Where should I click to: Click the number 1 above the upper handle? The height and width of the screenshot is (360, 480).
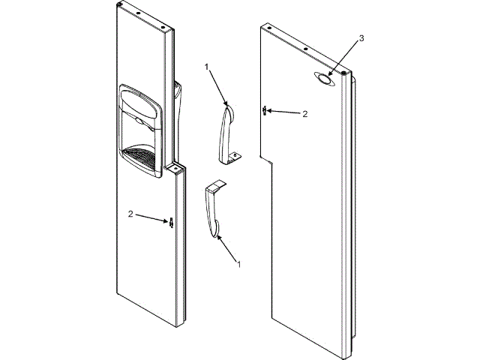point(207,67)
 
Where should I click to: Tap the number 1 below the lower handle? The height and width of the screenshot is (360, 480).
point(238,265)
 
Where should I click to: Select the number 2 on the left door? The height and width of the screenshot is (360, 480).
point(130,214)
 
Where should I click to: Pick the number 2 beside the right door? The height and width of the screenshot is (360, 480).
point(304,114)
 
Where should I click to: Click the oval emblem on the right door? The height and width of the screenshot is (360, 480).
point(323,78)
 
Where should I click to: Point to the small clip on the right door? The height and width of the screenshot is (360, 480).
point(265,110)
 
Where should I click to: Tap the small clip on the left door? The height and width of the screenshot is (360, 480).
point(171,223)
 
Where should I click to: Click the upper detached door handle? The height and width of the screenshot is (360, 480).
point(227,131)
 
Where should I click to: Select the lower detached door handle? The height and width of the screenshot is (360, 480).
point(213,211)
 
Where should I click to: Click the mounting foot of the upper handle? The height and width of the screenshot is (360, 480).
point(234,155)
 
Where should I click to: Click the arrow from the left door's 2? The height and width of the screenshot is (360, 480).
point(153,218)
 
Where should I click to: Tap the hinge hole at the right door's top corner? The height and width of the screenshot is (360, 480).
point(346,74)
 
